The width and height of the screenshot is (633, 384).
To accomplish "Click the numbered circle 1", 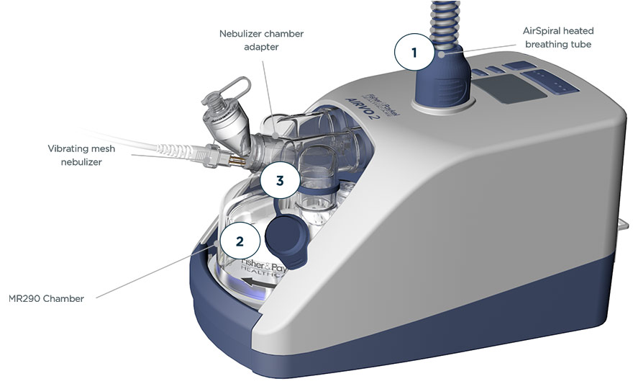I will [x=414, y=52].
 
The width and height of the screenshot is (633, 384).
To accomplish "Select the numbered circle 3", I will [x=280, y=181].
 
